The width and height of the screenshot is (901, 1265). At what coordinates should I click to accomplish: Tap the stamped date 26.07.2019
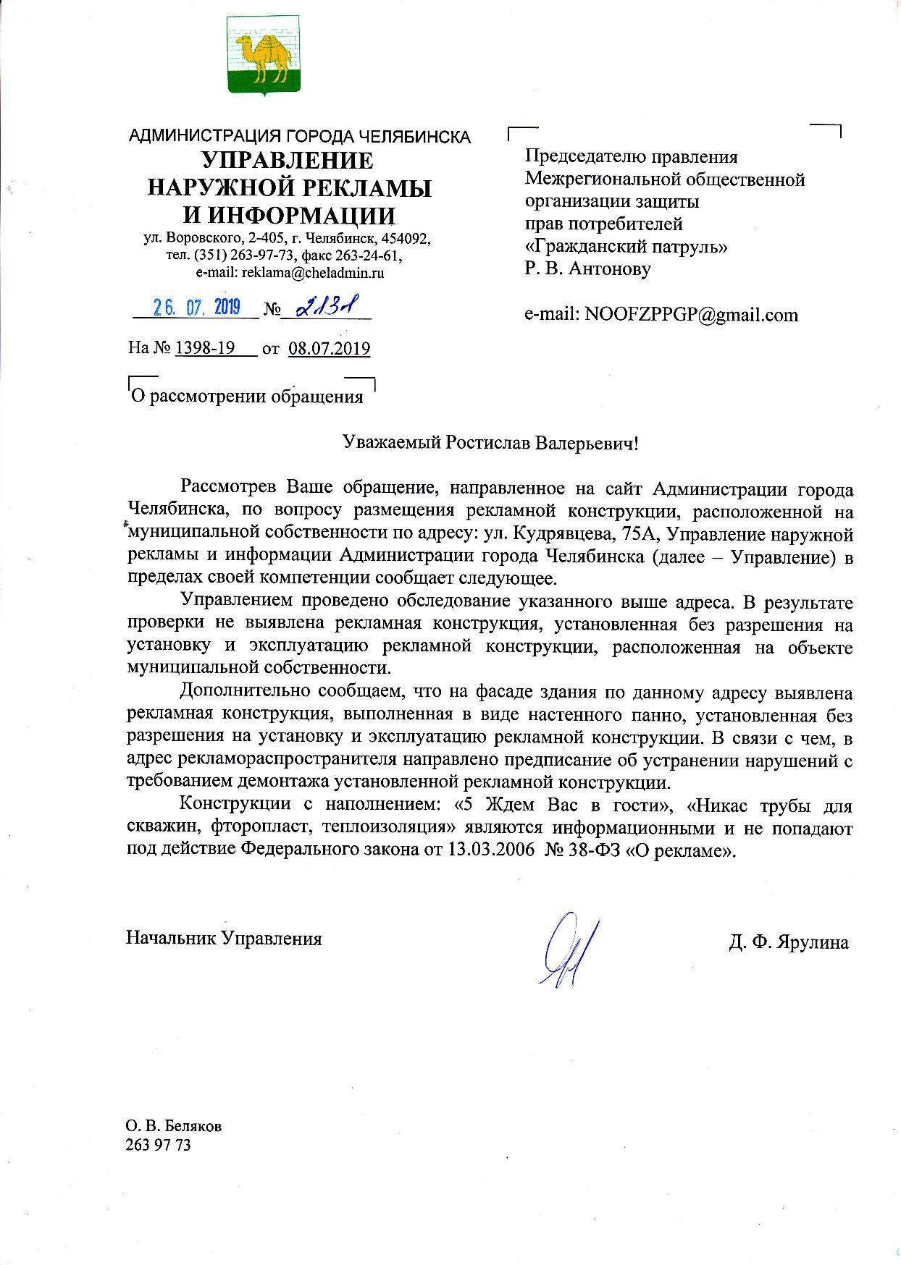click(196, 308)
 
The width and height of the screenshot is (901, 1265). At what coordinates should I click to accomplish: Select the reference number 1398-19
click(205, 349)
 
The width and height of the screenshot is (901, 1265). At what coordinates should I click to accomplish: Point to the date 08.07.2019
click(329, 349)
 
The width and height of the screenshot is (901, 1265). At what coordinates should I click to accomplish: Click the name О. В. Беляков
click(174, 1127)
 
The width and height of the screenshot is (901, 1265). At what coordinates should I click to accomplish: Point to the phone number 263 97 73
click(158, 1145)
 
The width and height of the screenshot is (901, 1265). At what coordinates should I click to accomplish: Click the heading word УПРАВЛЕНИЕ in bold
click(288, 160)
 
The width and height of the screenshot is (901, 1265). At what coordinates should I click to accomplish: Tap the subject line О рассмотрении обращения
click(246, 397)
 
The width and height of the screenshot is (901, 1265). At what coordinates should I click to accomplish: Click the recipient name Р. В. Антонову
click(587, 269)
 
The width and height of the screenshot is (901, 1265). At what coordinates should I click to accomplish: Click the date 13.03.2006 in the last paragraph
click(489, 850)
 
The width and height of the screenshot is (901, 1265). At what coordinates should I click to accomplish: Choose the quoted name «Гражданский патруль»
click(626, 247)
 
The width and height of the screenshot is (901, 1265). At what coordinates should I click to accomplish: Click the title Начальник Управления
click(224, 939)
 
